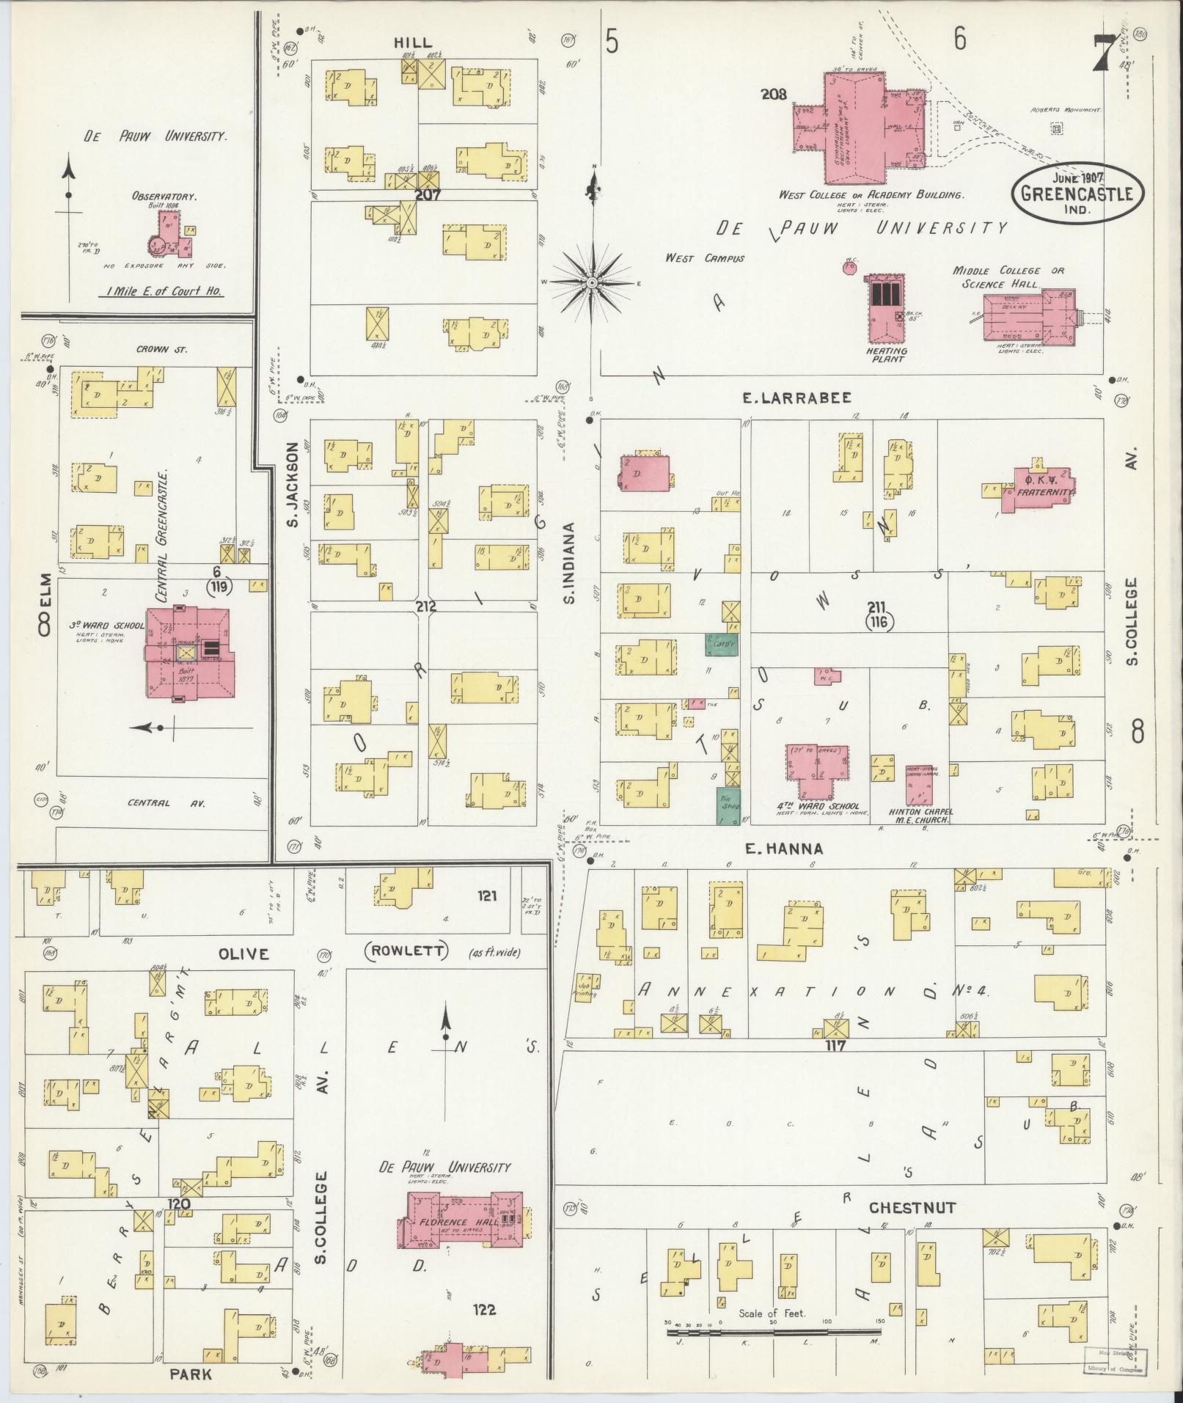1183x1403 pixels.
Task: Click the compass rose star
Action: (592, 282)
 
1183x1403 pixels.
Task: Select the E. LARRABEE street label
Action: (796, 398)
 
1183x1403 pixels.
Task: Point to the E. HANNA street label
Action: (784, 849)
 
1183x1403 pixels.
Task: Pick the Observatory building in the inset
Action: (165, 241)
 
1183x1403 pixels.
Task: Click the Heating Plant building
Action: (886, 308)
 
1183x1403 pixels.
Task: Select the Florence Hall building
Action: (461, 1223)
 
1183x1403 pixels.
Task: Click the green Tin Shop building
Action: (728, 804)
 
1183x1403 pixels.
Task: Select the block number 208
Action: (774, 95)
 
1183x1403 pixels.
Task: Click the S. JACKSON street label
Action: (291, 485)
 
